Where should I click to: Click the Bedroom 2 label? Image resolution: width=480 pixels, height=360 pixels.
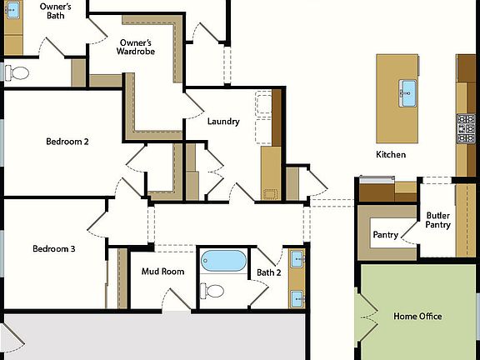click(67, 142)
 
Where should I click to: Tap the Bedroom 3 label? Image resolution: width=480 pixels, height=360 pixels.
click(54, 249)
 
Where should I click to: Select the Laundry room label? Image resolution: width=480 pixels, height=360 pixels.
click(223, 122)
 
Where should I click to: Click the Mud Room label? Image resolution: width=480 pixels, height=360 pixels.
click(162, 272)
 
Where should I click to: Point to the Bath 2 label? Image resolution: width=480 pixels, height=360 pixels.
click(268, 272)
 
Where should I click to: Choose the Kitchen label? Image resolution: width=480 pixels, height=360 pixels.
click(391, 155)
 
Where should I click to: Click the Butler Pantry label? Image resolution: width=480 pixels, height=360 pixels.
click(438, 220)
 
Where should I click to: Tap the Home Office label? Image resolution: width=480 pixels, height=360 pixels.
click(417, 317)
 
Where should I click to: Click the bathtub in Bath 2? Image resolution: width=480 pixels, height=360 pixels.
click(224, 261)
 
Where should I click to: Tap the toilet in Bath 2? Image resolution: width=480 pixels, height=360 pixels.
click(213, 291)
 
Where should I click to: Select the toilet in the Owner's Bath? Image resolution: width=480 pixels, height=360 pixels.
click(17, 72)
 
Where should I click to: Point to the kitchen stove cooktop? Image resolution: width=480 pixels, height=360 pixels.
click(465, 130)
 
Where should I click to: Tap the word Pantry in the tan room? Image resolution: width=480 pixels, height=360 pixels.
click(384, 235)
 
